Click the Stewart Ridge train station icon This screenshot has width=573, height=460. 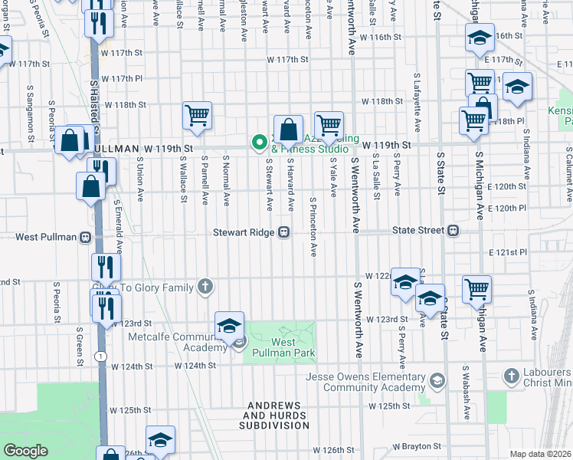(284, 232)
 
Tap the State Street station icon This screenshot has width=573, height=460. (453, 230)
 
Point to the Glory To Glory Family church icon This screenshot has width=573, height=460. (205, 287)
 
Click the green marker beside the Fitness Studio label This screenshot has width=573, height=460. (259, 141)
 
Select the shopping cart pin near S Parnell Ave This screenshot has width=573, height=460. (197, 116)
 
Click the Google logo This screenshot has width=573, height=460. (25, 451)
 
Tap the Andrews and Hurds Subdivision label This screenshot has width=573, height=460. (273, 419)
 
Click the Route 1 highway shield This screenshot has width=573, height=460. (100, 356)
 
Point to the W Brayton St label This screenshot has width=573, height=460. (418, 445)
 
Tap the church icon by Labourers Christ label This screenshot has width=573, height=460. (512, 376)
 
